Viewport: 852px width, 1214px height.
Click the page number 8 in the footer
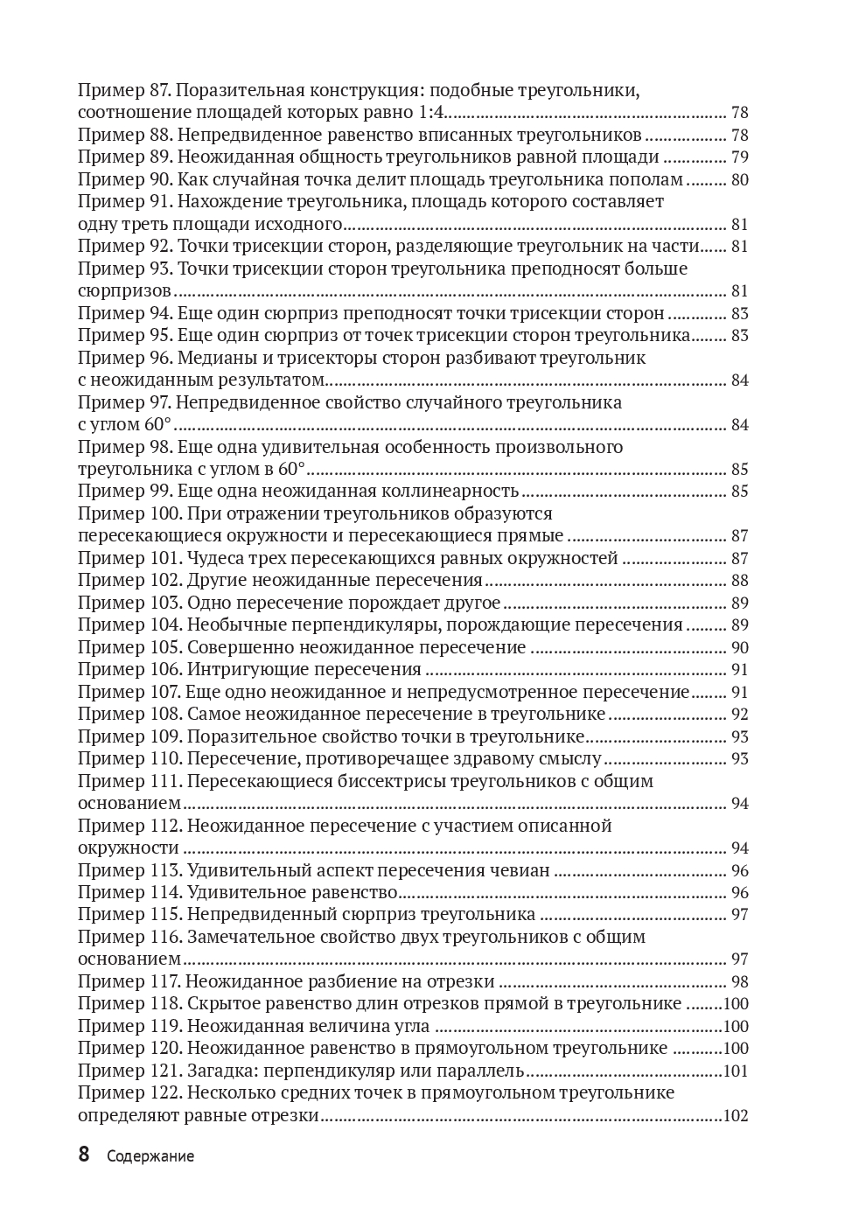click(84, 1155)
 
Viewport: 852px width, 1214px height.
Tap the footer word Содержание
click(150, 1156)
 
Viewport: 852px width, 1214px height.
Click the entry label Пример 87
click(125, 90)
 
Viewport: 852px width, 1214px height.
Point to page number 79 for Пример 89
click(739, 157)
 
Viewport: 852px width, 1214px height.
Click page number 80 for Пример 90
click(739, 180)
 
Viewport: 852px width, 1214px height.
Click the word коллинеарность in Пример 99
click(454, 492)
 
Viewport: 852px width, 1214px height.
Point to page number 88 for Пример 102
click(739, 581)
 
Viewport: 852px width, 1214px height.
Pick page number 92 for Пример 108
click(739, 715)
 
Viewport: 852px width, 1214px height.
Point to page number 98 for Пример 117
click(739, 982)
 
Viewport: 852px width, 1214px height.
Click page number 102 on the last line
click(736, 1116)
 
